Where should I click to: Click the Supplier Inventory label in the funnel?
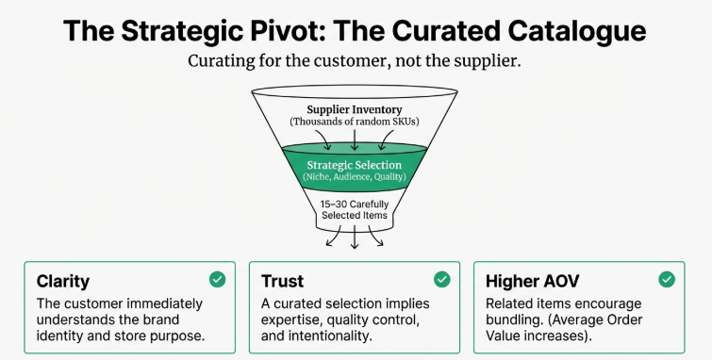tap(355, 109)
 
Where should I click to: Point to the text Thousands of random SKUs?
tap(355, 123)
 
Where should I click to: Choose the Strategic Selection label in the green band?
tap(355, 165)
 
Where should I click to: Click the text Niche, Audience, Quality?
tap(355, 177)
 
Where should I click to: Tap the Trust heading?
tap(283, 281)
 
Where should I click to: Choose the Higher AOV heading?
tap(532, 281)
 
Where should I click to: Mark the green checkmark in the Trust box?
tap(442, 279)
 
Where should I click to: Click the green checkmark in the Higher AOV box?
tap(667, 279)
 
